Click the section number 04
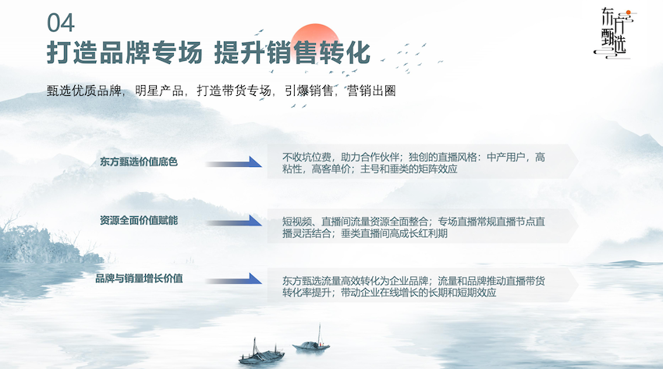click(61, 23)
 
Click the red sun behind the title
click(315, 41)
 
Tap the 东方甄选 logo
click(615, 33)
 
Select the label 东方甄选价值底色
click(139, 162)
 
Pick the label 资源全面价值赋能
click(139, 220)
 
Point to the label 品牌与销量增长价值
click(139, 279)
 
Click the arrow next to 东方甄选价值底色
click(234, 162)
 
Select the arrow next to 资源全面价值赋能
click(234, 221)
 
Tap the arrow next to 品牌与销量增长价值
click(234, 279)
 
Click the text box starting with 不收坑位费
click(423, 161)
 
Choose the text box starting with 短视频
click(423, 225)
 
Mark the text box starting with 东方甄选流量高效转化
click(423, 285)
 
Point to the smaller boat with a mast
click(312, 343)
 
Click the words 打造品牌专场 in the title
click(125, 53)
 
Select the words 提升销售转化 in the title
click(292, 53)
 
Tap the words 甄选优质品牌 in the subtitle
click(83, 90)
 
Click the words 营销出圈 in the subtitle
click(371, 90)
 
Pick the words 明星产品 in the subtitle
click(159, 90)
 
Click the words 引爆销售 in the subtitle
click(309, 90)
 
